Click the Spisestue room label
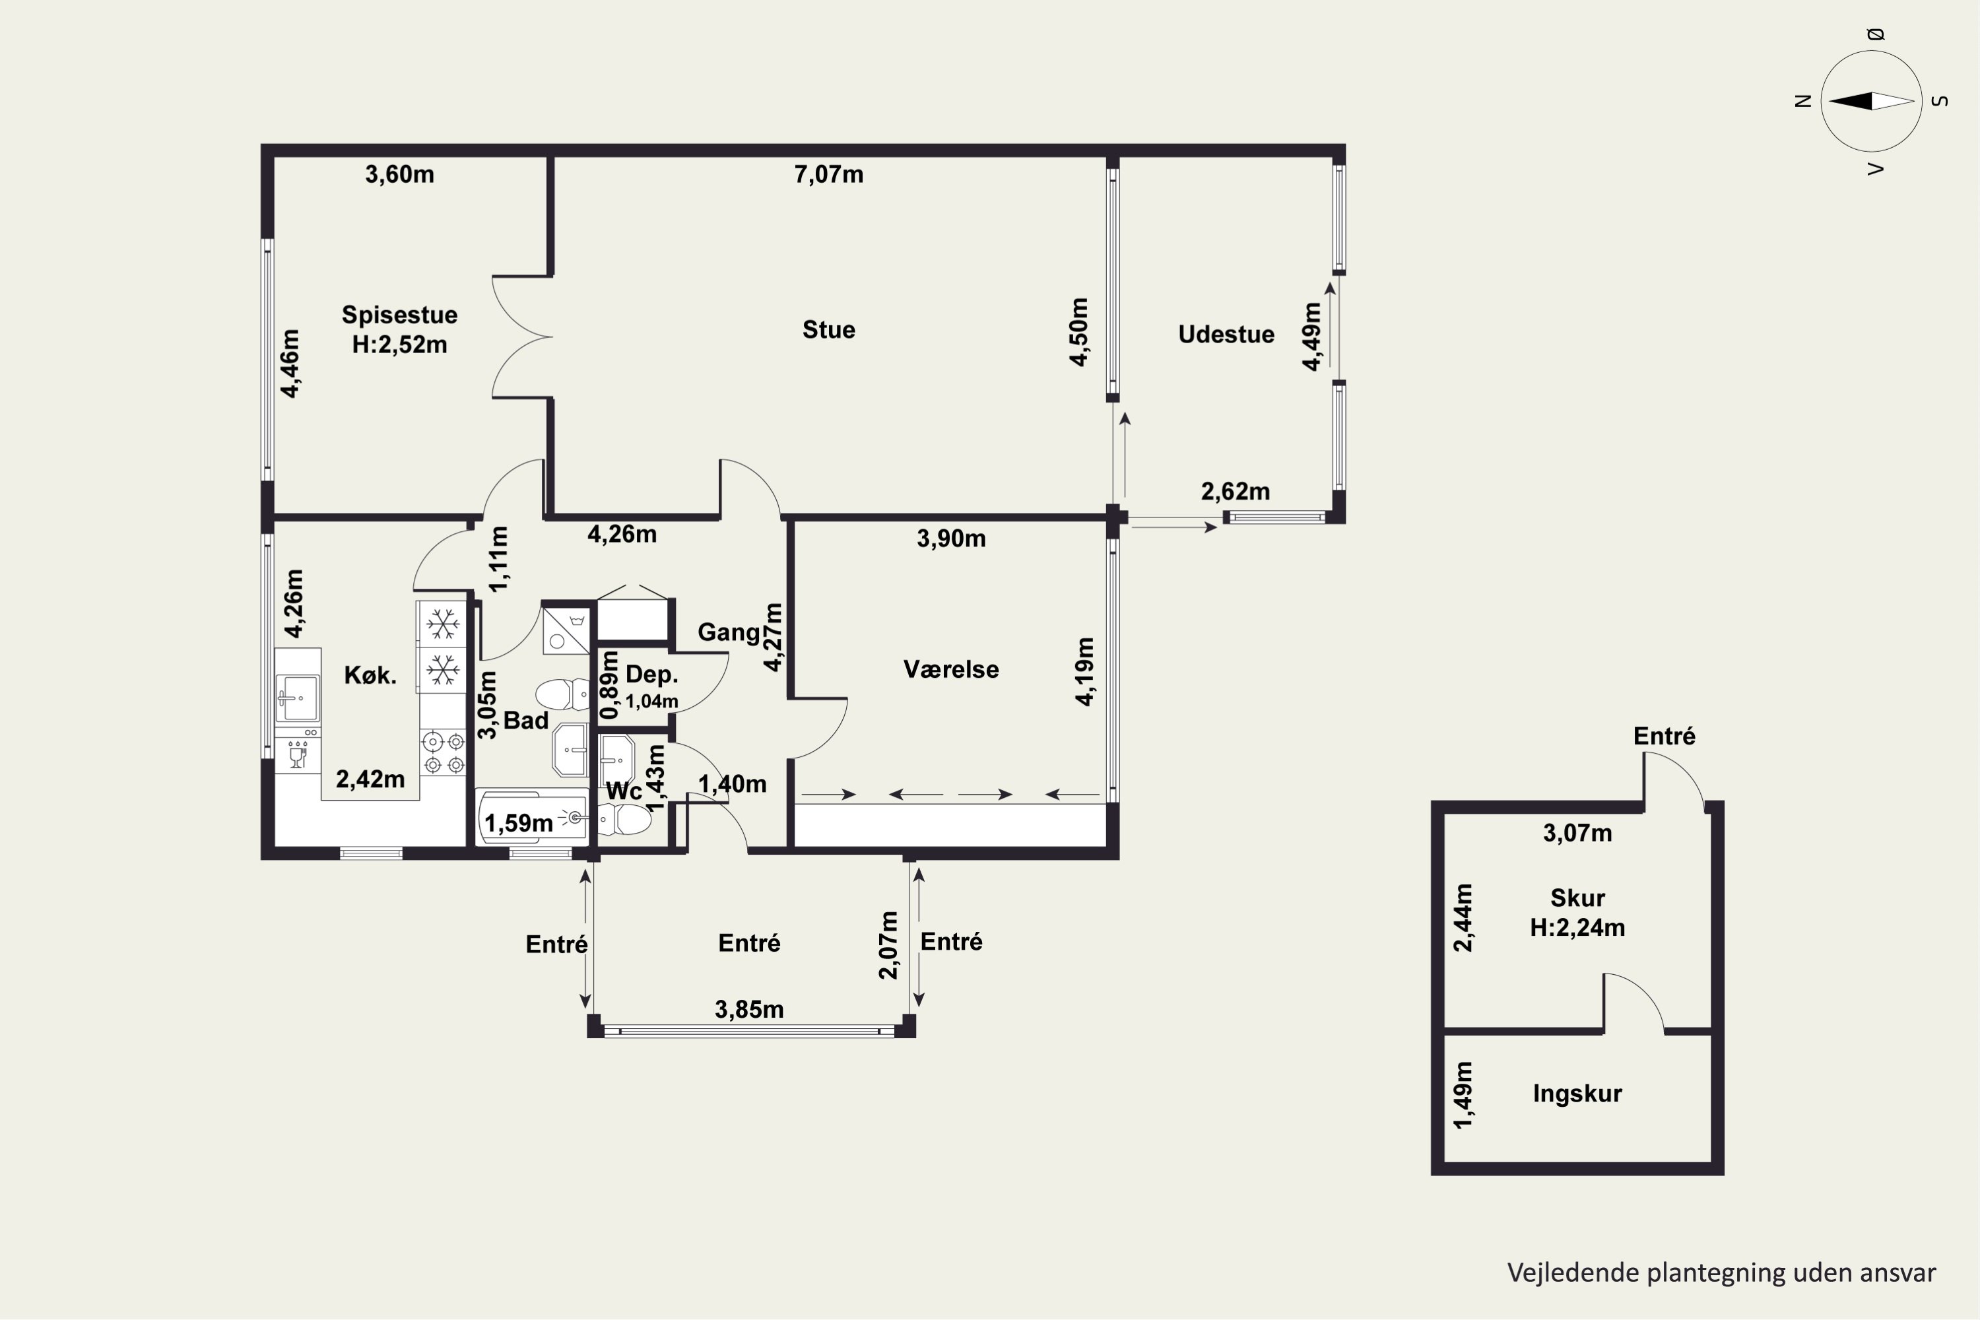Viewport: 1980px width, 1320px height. (x=399, y=315)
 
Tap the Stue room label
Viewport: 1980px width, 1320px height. (x=828, y=330)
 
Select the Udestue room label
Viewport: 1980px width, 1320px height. (x=1226, y=334)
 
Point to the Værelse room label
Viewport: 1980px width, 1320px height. (x=951, y=669)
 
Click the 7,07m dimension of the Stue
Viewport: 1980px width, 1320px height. (x=828, y=174)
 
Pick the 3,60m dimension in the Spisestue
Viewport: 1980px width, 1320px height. (x=399, y=174)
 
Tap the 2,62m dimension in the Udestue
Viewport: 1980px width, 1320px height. (x=1235, y=492)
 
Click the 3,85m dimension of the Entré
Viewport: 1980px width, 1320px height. (x=749, y=1009)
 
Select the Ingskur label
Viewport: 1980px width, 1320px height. (x=1577, y=1094)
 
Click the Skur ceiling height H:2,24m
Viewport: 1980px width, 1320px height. (x=1577, y=928)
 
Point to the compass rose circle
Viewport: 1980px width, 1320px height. (x=1870, y=101)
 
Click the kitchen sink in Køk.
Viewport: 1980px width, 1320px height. (x=297, y=698)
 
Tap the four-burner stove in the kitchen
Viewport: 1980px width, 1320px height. (x=443, y=752)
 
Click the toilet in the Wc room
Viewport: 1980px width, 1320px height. (x=624, y=819)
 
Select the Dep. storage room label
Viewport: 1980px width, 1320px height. (x=651, y=675)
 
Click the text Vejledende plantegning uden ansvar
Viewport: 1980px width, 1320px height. (x=1721, y=1272)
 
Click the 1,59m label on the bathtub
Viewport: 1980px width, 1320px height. (x=519, y=823)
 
